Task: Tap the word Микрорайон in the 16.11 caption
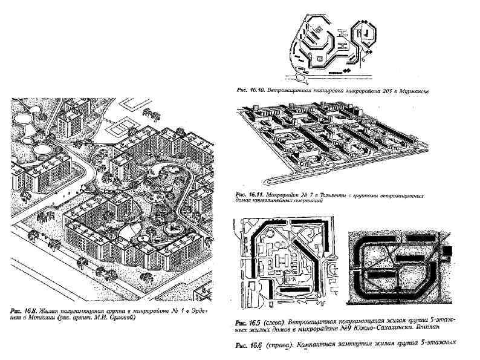[x=282, y=195]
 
